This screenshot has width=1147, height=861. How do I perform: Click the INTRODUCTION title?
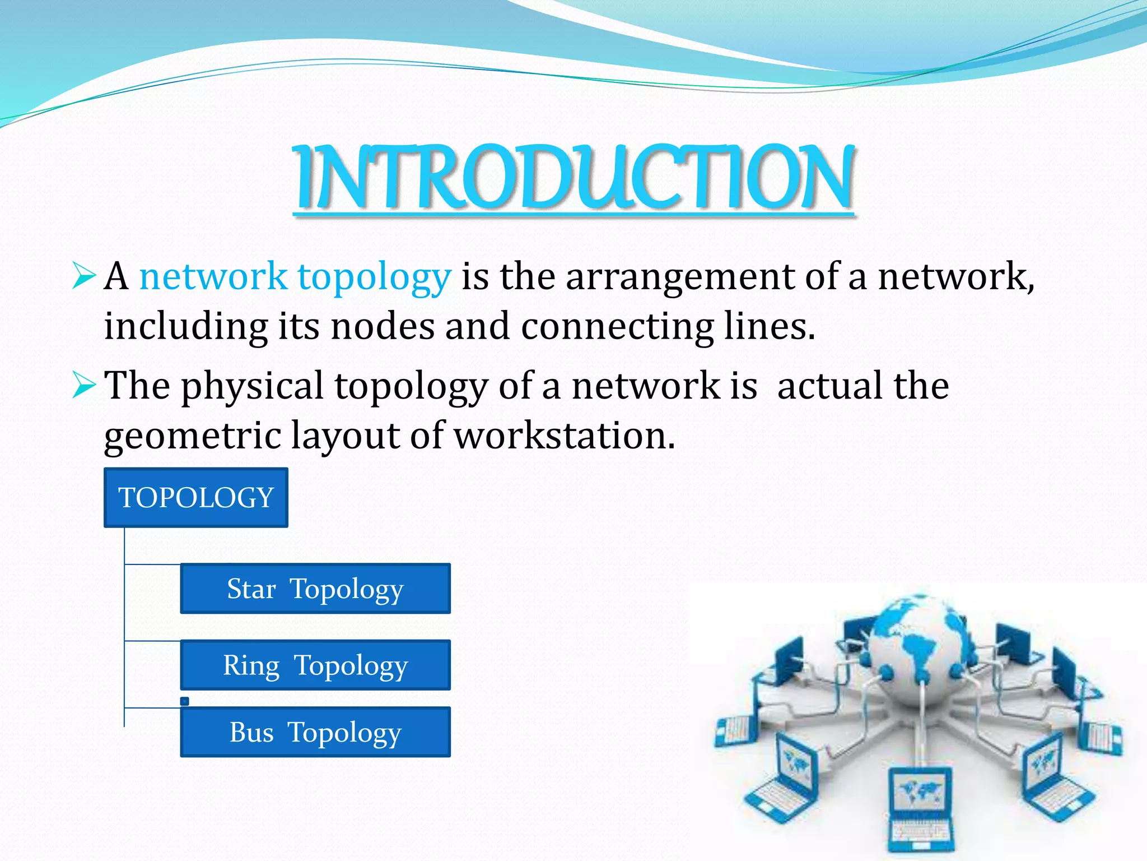point(573,177)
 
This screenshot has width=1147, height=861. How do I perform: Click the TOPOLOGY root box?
point(196,498)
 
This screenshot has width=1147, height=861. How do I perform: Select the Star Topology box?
point(315,589)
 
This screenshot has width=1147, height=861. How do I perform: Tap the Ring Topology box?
point(315,665)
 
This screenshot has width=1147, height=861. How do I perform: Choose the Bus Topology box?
point(315,732)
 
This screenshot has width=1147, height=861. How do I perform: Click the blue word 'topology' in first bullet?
point(374,277)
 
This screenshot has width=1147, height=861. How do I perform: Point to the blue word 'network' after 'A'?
point(213,277)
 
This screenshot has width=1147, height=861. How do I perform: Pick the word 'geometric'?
point(192,436)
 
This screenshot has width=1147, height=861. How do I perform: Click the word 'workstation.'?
point(564,436)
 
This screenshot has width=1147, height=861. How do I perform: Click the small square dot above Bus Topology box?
point(185,701)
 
